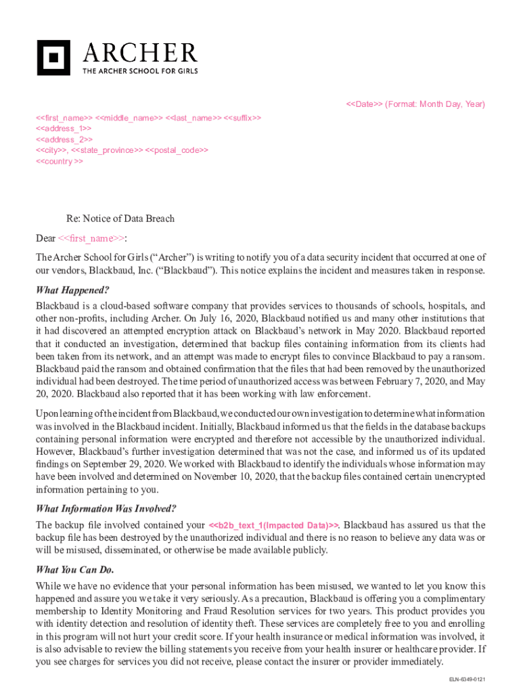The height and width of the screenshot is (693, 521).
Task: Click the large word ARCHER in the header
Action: click(139, 53)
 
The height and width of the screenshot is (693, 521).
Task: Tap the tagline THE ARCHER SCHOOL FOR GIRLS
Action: click(139, 70)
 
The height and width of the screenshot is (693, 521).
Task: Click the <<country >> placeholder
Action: click(60, 162)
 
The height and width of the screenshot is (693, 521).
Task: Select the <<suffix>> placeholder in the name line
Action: click(242, 117)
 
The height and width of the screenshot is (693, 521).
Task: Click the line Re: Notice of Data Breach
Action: click(120, 219)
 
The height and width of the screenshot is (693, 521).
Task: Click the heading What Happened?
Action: click(72, 290)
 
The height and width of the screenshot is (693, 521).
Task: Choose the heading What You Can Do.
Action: click(75, 569)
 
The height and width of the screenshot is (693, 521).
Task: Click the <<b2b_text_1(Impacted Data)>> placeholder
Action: click(273, 525)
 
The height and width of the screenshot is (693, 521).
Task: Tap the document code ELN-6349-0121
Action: click(466, 679)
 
